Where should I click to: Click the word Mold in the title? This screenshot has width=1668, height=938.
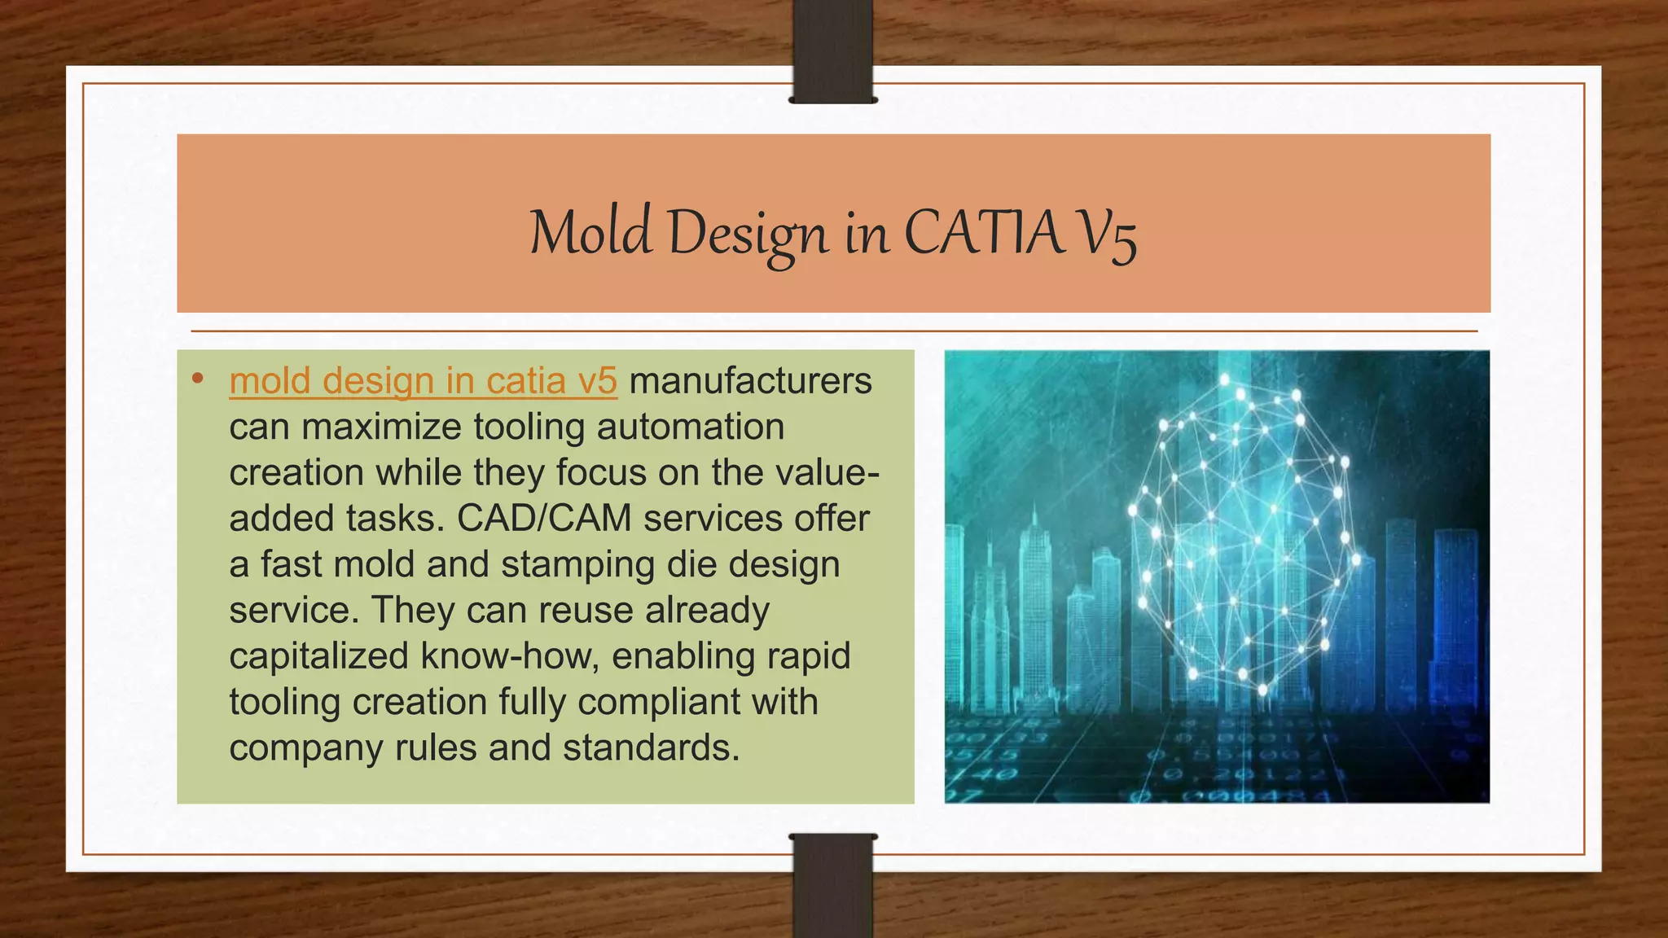[590, 234]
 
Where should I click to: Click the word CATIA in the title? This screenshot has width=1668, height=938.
[984, 234]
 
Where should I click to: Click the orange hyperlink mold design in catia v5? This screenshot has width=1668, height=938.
[423, 381]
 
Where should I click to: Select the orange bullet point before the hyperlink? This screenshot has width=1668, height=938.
[197, 379]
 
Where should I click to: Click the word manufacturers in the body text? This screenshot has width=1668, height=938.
[750, 381]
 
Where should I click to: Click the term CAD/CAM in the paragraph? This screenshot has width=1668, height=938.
[544, 519]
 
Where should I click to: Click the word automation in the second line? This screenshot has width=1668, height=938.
[691, 427]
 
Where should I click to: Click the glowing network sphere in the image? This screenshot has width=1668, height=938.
[1242, 537]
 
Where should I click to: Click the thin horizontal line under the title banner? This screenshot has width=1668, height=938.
[834, 331]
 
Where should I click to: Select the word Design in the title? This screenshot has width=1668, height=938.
[748, 234]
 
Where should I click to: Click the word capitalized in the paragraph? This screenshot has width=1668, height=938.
[318, 656]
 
